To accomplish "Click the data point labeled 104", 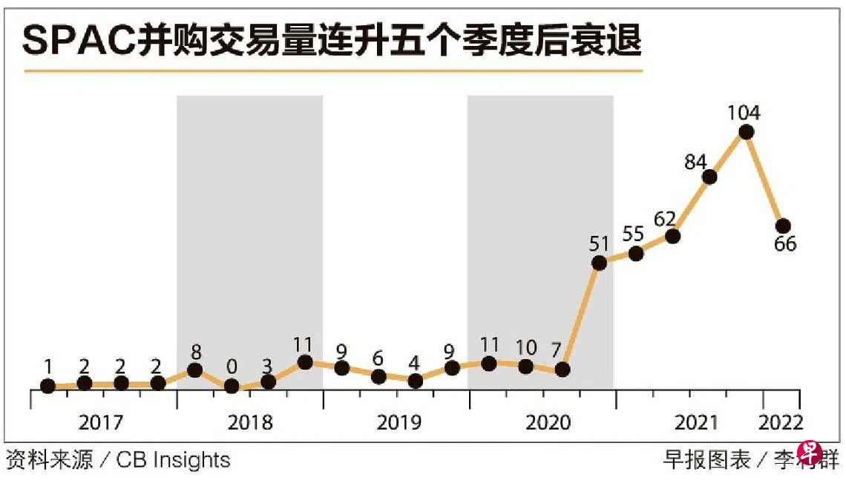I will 747,132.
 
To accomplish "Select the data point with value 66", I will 782,226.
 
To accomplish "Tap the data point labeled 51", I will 599,263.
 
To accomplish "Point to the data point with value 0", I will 232,386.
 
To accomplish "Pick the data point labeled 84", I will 709,177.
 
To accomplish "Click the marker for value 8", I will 195,370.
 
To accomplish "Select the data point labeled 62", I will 673,236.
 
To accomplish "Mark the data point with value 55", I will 636,253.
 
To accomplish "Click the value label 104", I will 744,113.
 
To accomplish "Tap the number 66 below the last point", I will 784,244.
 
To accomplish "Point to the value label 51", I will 599,243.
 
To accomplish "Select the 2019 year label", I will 399,423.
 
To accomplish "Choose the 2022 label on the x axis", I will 781,423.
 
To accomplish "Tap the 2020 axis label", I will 548,423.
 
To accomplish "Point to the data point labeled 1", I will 48,386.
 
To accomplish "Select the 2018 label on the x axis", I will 250,423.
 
